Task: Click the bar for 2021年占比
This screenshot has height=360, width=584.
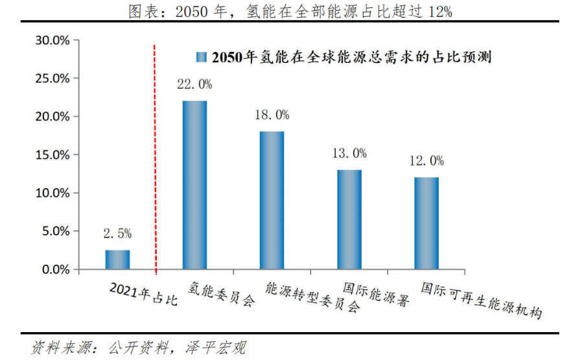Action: click(x=117, y=259)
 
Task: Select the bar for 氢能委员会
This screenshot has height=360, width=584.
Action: click(x=194, y=185)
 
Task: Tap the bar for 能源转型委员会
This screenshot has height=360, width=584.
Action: click(x=272, y=200)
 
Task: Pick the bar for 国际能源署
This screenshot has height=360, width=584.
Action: click(x=349, y=219)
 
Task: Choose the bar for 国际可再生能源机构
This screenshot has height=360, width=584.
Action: click(x=426, y=223)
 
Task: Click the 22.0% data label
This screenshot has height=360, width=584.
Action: click(x=194, y=84)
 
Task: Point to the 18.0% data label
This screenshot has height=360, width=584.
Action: click(x=272, y=115)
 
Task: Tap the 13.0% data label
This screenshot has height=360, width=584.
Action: click(x=349, y=153)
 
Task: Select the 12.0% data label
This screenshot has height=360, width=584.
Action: click(x=426, y=161)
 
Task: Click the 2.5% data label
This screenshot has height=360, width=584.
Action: click(x=117, y=234)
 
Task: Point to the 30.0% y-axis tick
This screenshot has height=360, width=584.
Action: click(x=52, y=40)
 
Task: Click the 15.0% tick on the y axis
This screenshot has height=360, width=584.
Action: click(x=52, y=155)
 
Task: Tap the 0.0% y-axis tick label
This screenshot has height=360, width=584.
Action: click(x=54, y=269)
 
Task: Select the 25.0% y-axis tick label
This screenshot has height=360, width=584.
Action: click(x=52, y=78)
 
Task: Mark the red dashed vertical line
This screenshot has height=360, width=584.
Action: click(x=156, y=156)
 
